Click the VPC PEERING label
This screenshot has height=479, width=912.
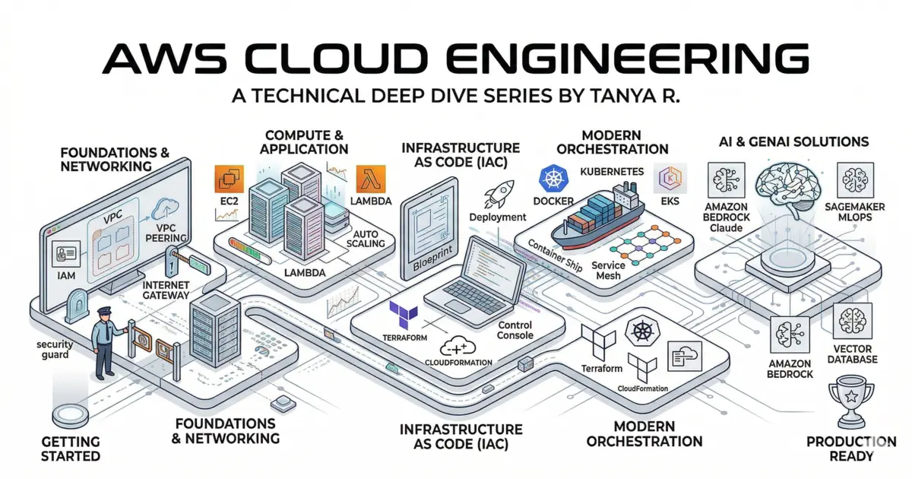click(171, 232)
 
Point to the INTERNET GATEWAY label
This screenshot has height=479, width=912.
click(170, 291)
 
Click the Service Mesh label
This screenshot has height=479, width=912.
click(608, 270)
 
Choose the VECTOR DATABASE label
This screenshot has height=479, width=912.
click(851, 354)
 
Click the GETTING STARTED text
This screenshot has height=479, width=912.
click(70, 449)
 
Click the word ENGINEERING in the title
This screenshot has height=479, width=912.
click(603, 60)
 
